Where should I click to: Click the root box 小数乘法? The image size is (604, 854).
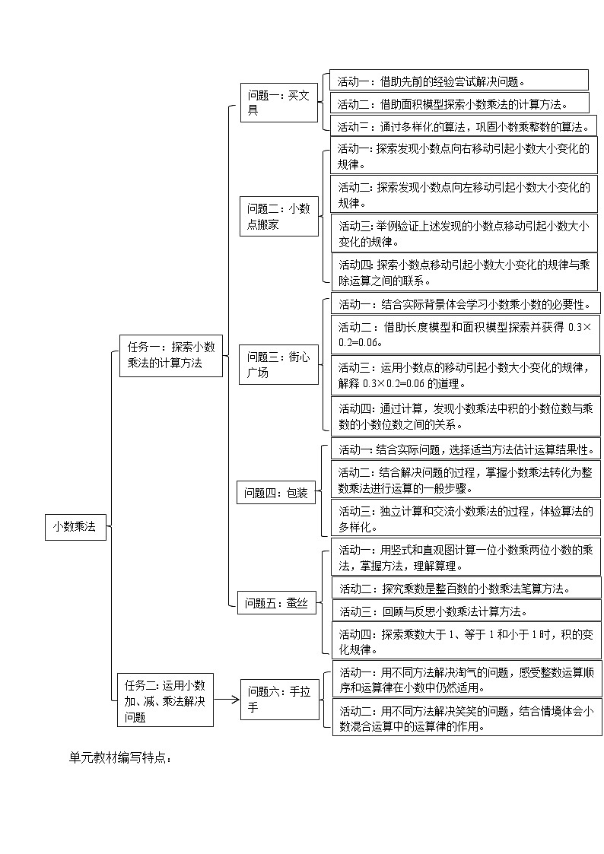coord(75,526)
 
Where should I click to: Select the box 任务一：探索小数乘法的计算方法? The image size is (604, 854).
coord(171,354)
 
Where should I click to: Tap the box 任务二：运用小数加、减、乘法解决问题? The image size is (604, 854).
coord(165,700)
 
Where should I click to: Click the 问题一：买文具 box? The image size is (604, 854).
coord(278,103)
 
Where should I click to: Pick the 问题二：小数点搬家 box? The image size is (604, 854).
coord(278,216)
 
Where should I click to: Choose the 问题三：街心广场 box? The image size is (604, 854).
coord(278,364)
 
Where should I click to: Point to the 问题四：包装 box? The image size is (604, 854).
coord(275,494)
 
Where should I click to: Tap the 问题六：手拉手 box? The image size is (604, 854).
coord(279,700)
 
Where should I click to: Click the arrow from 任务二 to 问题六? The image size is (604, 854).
coord(227,700)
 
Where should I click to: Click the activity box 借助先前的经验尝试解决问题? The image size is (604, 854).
coord(459,81)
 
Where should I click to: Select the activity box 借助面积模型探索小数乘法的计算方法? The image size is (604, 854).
coord(459,103)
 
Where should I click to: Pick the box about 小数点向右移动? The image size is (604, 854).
coord(464,156)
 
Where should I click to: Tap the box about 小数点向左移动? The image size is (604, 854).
coord(464,195)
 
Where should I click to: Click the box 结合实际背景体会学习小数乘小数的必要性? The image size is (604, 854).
coord(465,304)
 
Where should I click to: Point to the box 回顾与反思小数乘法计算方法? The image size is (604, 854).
coord(466,611)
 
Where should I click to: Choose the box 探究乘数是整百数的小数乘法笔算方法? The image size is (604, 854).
coord(466,588)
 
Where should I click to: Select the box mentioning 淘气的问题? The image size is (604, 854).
coord(466,679)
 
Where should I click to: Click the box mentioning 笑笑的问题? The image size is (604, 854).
coord(466,718)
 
